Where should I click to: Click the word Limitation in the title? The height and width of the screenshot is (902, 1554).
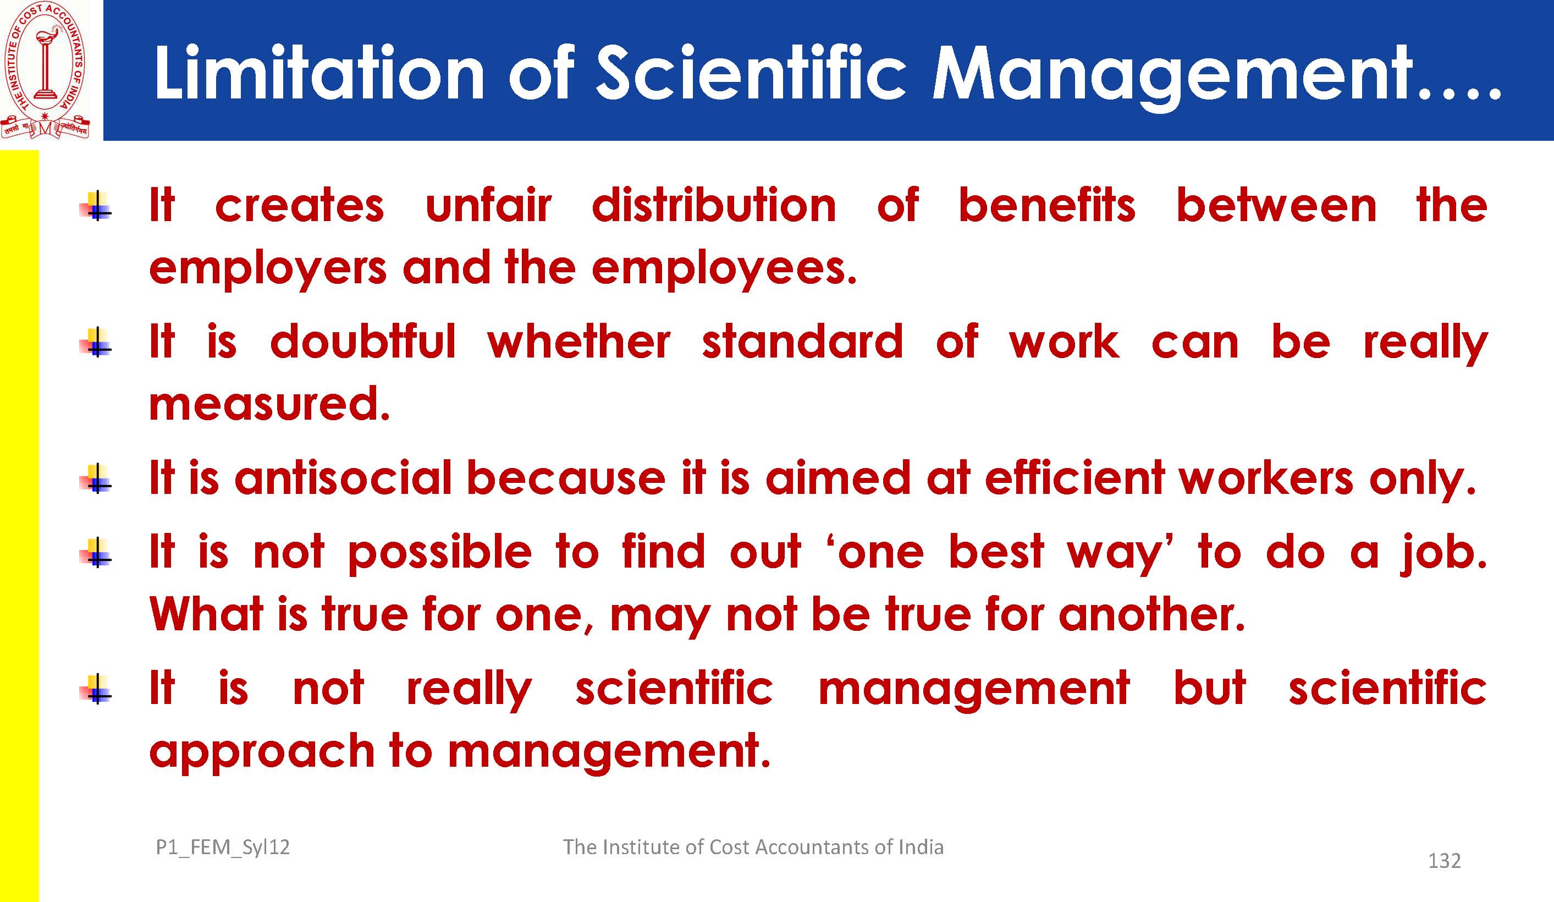319,73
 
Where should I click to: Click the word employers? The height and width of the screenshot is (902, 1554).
268,270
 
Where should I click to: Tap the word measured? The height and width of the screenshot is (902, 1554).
269,404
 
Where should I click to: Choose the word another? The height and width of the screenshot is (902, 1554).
1152,614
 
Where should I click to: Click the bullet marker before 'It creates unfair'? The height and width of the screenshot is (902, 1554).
96,206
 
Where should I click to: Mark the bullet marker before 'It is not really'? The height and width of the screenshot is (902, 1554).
96,690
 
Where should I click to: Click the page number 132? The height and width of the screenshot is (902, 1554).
1444,861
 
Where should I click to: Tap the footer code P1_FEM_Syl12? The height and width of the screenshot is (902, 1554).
223,848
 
